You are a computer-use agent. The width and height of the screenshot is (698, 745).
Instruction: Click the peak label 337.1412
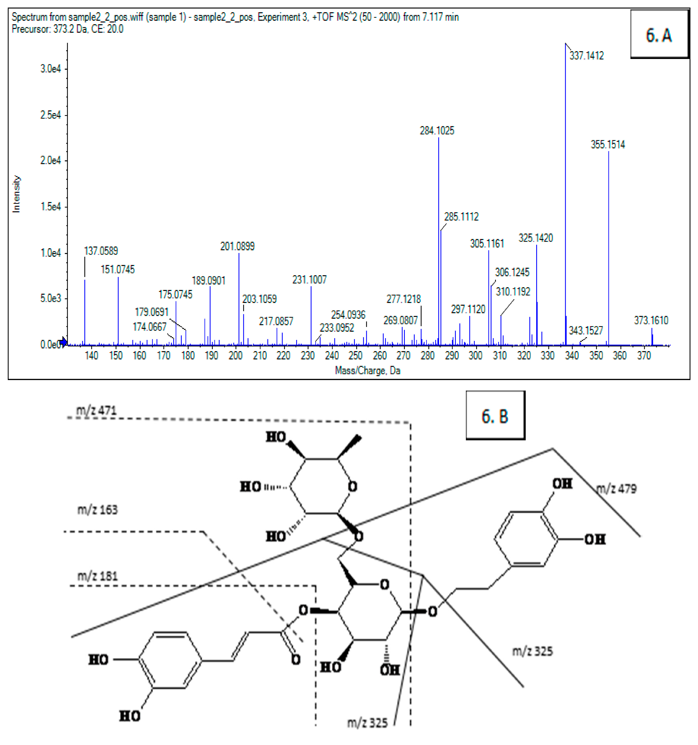point(586,56)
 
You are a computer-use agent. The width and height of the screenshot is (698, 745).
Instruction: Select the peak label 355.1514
point(608,145)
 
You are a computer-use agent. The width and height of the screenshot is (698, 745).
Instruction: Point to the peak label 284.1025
point(437,131)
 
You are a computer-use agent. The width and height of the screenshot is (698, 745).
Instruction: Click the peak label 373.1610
point(651,320)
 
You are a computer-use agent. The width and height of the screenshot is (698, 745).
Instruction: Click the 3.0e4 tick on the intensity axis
point(51,69)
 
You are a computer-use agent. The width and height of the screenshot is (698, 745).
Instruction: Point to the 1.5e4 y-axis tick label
point(51,207)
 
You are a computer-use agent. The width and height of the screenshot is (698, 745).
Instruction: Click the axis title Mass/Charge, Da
point(367,371)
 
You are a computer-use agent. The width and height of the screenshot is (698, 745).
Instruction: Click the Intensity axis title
point(16,194)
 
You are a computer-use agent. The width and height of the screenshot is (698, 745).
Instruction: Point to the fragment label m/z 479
point(616,489)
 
